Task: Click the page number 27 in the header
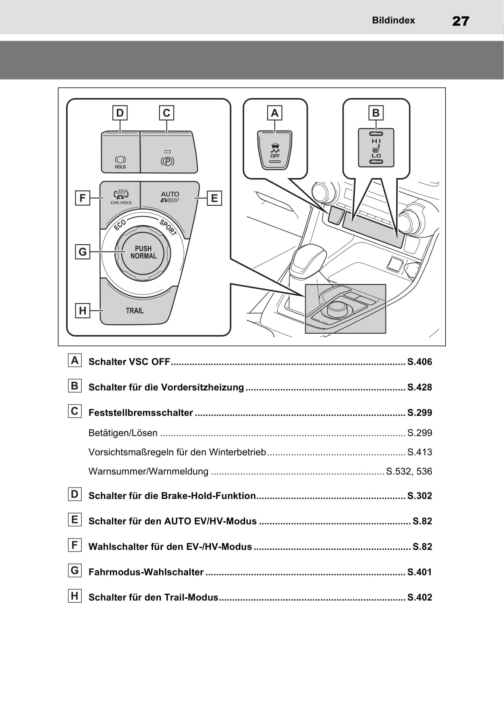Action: coord(460,21)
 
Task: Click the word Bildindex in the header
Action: coord(393,20)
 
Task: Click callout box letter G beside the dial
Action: coord(83,252)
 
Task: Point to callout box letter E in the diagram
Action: coord(214,198)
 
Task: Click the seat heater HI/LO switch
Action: coord(376,148)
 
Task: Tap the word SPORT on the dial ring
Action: coord(168,227)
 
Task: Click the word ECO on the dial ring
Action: coord(120,225)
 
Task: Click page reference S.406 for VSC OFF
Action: coord(419,362)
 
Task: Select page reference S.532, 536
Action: coord(409,471)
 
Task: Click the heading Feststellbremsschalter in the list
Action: coord(140,412)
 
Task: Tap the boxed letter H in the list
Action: coord(75,596)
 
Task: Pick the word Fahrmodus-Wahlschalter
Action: coord(146,572)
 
